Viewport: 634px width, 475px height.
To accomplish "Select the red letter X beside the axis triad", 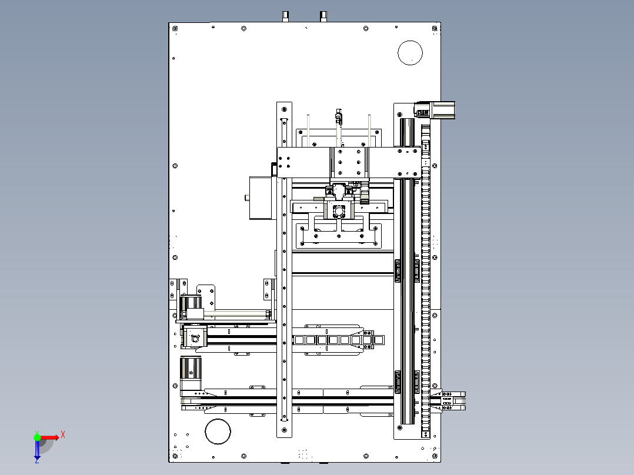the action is (63, 435).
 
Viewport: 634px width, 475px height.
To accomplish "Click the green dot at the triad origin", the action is (37, 437).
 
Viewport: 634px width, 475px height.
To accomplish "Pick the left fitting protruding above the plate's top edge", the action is (285, 16).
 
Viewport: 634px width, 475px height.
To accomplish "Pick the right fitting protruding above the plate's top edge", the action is (323, 16).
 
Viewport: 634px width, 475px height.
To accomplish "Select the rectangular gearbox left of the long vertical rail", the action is (261, 198).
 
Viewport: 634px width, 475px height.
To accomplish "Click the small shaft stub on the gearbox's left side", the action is (246, 198).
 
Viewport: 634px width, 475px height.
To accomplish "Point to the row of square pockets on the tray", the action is (338, 340).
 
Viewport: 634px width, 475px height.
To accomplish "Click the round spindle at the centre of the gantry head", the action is (339, 211).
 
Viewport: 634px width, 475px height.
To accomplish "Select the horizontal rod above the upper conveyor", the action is (237, 314).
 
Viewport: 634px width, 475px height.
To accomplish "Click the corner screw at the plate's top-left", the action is (175, 29).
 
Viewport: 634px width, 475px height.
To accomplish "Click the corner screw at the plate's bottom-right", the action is (435, 456).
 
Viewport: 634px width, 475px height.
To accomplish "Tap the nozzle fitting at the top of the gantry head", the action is (339, 116).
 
